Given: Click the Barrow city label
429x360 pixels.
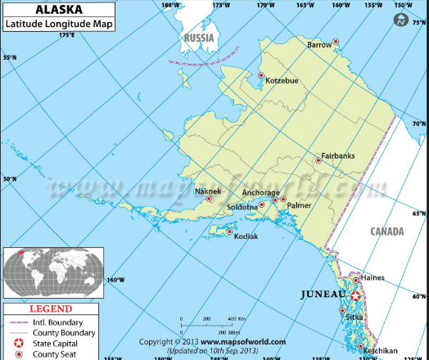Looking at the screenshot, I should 318,46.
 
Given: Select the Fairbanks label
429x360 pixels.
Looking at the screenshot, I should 337,155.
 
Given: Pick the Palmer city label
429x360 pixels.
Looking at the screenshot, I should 299,205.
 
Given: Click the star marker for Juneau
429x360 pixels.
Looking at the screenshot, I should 356,295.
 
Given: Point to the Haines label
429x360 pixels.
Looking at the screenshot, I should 372,278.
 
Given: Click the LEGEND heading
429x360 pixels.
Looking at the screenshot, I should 50,309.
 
